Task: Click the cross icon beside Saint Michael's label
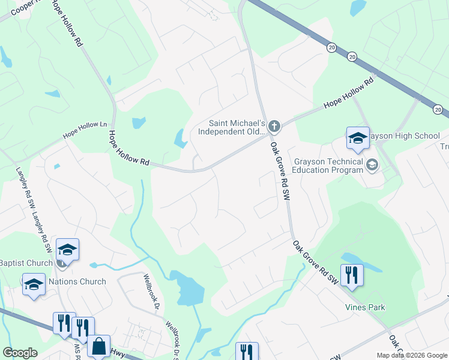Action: point(274,126)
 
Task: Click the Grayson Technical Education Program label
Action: point(328,166)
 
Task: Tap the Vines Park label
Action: point(365,307)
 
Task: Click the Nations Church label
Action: point(77,281)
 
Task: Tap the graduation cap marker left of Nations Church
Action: point(34,284)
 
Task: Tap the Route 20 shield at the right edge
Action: point(439,109)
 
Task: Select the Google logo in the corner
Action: point(20,352)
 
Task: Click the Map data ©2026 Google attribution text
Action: point(412,355)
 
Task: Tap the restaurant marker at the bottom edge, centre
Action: point(247,352)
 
